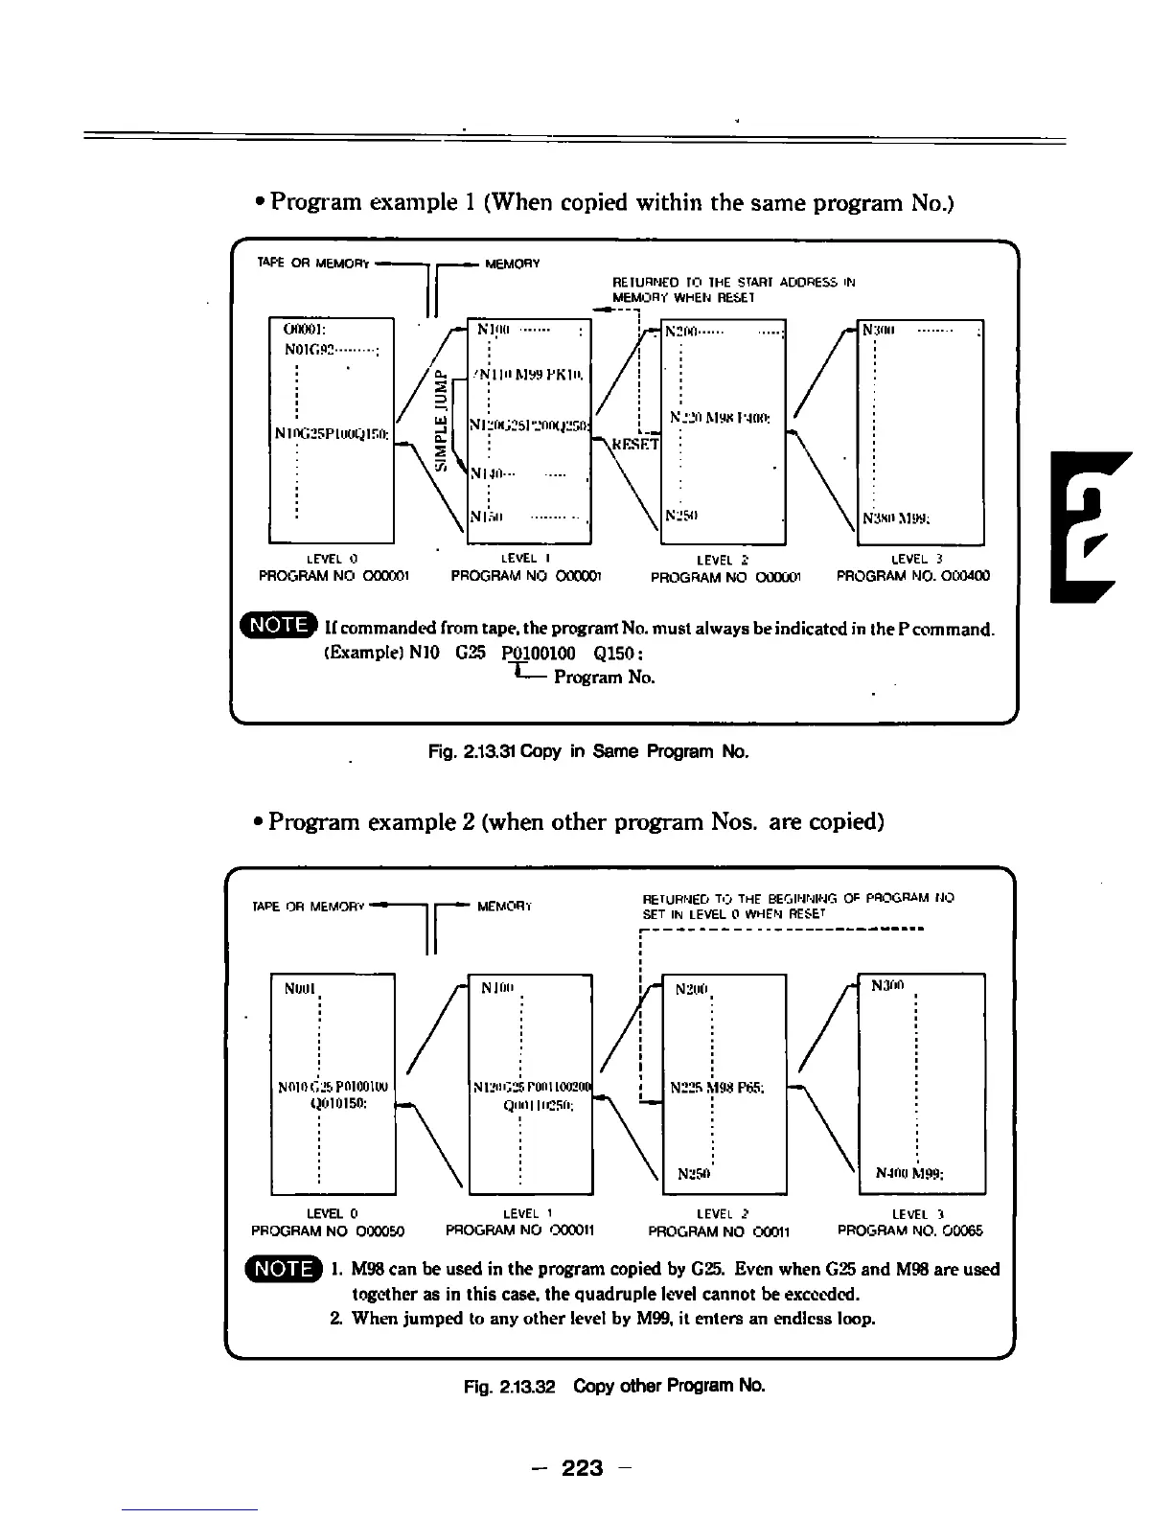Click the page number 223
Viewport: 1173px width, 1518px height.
pos(582,1466)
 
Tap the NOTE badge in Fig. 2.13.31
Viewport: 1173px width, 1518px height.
pos(279,626)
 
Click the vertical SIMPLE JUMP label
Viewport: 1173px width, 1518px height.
pos(441,420)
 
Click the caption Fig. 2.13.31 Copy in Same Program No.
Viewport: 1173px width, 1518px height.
pos(587,751)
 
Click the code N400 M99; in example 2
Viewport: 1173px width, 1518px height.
pos(910,1173)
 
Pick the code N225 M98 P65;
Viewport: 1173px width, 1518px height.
pos(715,1089)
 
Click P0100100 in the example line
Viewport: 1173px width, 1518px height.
pos(538,654)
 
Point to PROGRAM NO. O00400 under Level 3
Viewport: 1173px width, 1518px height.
pos(913,576)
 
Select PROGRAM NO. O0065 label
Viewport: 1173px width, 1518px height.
pos(909,1230)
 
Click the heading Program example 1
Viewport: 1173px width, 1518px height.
pos(610,202)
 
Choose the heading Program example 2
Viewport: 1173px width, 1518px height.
pos(575,822)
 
